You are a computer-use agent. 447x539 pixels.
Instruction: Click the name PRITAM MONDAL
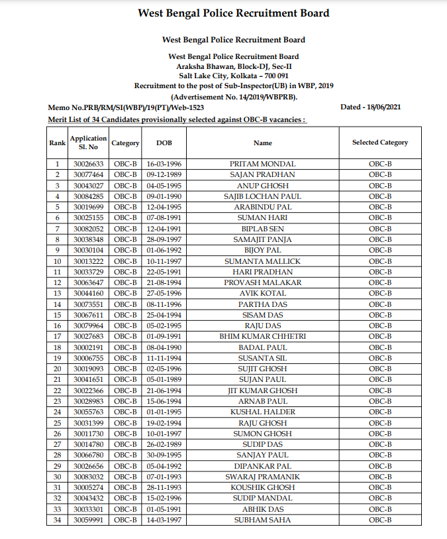pyautogui.click(x=262, y=164)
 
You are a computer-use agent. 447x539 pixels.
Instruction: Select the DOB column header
pyautogui.click(x=164, y=143)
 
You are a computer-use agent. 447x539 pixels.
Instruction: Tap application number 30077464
pyautogui.click(x=88, y=174)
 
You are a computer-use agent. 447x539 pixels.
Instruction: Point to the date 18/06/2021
pyautogui.click(x=379, y=107)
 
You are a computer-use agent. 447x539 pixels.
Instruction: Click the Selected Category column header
pyautogui.click(x=379, y=143)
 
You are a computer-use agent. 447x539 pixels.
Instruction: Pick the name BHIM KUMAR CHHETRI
pyautogui.click(x=262, y=337)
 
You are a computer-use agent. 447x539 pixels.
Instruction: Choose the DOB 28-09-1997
pyautogui.click(x=164, y=239)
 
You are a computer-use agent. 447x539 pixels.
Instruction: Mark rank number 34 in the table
pyautogui.click(x=57, y=520)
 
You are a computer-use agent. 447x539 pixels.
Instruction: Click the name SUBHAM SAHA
pyautogui.click(x=262, y=520)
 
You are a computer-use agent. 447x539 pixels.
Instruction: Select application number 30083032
pyautogui.click(x=88, y=477)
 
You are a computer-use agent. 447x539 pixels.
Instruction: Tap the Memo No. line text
pyautogui.click(x=126, y=107)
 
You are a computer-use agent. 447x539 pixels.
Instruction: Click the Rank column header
pyautogui.click(x=57, y=143)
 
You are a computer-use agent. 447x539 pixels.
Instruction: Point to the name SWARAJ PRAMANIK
pyautogui.click(x=262, y=477)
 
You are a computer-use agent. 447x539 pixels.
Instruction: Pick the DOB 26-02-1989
pyautogui.click(x=164, y=445)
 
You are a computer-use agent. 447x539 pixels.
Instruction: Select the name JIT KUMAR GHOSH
pyautogui.click(x=262, y=390)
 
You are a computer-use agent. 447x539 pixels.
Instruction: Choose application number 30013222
pyautogui.click(x=88, y=261)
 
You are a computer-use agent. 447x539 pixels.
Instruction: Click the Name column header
pyautogui.click(x=262, y=143)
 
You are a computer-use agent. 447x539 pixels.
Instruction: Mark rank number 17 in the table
pyautogui.click(x=57, y=337)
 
